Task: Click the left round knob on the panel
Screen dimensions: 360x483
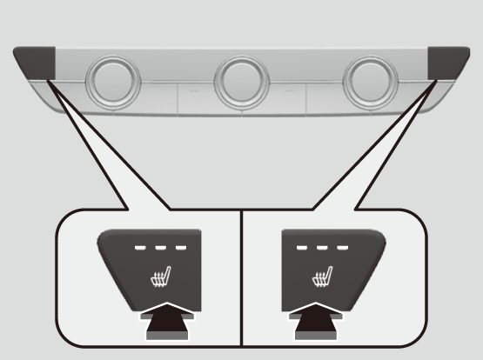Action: click(111, 82)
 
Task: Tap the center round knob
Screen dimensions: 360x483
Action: click(241, 82)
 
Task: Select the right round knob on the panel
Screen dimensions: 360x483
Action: click(371, 82)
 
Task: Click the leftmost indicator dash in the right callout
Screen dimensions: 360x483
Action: click(301, 247)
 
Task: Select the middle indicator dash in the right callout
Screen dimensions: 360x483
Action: click(320, 247)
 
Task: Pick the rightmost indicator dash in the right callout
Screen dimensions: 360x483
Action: click(339, 247)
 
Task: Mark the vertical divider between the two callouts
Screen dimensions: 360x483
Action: click(240, 278)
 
